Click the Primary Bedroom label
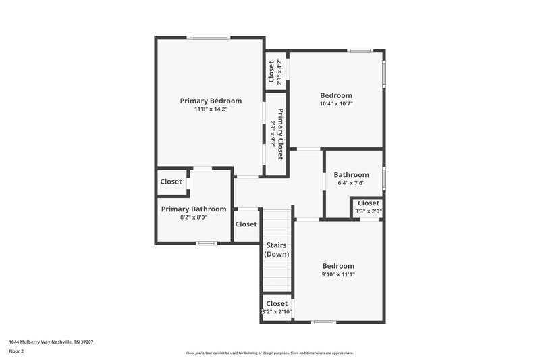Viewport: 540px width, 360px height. (211, 101)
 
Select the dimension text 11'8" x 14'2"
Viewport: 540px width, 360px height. (211, 109)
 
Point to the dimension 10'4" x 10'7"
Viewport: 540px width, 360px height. (336, 104)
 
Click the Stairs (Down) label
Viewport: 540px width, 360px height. (277, 249)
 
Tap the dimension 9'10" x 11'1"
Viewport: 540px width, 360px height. (338, 274)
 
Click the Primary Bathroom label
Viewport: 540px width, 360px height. (194, 209)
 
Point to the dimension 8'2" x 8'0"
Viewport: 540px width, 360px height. (194, 217)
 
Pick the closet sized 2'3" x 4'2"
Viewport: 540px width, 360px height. (275, 72)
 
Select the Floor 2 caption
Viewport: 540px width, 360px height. (17, 351)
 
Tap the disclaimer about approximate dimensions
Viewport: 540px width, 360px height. (270, 353)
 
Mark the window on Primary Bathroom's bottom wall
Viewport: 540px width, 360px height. (207, 243)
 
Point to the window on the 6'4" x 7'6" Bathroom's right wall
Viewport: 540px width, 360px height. (383, 178)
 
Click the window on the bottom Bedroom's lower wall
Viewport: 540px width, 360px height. (324, 322)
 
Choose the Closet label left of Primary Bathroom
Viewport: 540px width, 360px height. (171, 182)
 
